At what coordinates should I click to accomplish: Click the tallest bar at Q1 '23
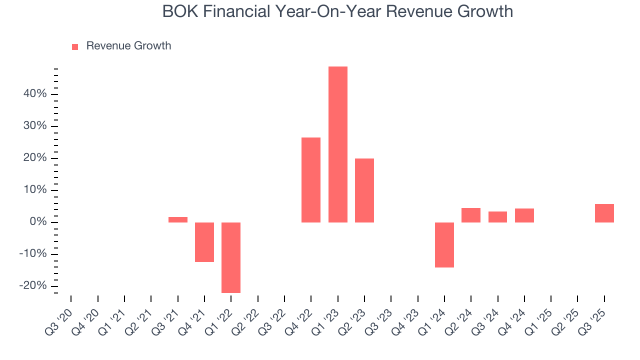337,144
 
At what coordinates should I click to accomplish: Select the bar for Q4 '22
311,180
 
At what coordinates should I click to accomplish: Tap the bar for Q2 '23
364,190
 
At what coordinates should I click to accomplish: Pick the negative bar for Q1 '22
231,257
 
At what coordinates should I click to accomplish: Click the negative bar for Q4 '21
204,242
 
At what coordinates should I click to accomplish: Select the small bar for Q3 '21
178,219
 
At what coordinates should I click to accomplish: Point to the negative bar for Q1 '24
444,245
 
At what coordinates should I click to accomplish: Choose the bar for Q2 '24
471,215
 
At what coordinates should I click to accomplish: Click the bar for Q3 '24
497,217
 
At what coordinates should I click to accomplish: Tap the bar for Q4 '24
524,215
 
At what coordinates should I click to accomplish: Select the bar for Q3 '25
604,213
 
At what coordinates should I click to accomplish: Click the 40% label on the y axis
34,94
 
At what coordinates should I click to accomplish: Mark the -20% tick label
32,286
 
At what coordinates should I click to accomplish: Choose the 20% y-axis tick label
34,158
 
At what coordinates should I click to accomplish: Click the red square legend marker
75,46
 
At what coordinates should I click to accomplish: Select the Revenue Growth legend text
128,46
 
